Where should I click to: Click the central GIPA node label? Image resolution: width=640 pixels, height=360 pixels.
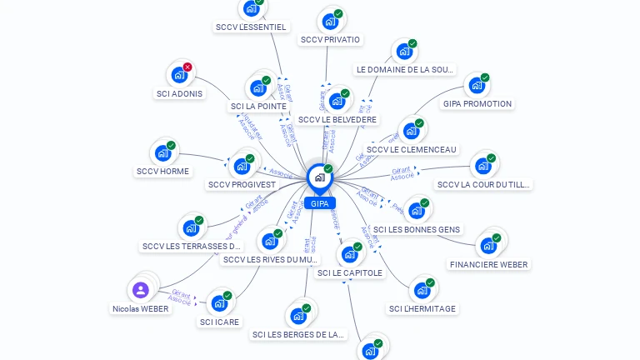[319, 203]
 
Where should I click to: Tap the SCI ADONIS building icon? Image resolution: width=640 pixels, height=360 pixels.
[178, 75]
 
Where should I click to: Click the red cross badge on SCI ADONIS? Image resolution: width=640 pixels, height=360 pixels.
[187, 67]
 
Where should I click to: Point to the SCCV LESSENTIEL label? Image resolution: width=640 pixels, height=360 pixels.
[251, 27]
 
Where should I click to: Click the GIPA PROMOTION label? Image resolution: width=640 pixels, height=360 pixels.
[477, 104]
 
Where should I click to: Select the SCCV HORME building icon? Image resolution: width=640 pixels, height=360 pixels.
[162, 154]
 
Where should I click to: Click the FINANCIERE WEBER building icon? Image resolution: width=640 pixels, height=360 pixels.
[487, 247]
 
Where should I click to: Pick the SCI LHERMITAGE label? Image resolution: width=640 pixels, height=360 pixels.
[422, 309]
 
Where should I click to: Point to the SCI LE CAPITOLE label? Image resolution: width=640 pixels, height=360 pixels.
[350, 272]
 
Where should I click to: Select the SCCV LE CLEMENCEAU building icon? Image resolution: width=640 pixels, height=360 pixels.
[410, 132]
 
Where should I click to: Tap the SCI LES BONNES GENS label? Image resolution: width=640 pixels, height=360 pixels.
[417, 229]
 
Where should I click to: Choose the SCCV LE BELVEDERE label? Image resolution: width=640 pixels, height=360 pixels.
[337, 120]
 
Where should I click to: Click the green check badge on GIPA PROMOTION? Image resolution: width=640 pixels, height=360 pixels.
[485, 77]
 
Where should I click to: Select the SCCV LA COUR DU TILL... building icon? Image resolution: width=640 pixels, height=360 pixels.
[482, 167]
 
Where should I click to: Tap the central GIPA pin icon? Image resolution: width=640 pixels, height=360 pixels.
[318, 177]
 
